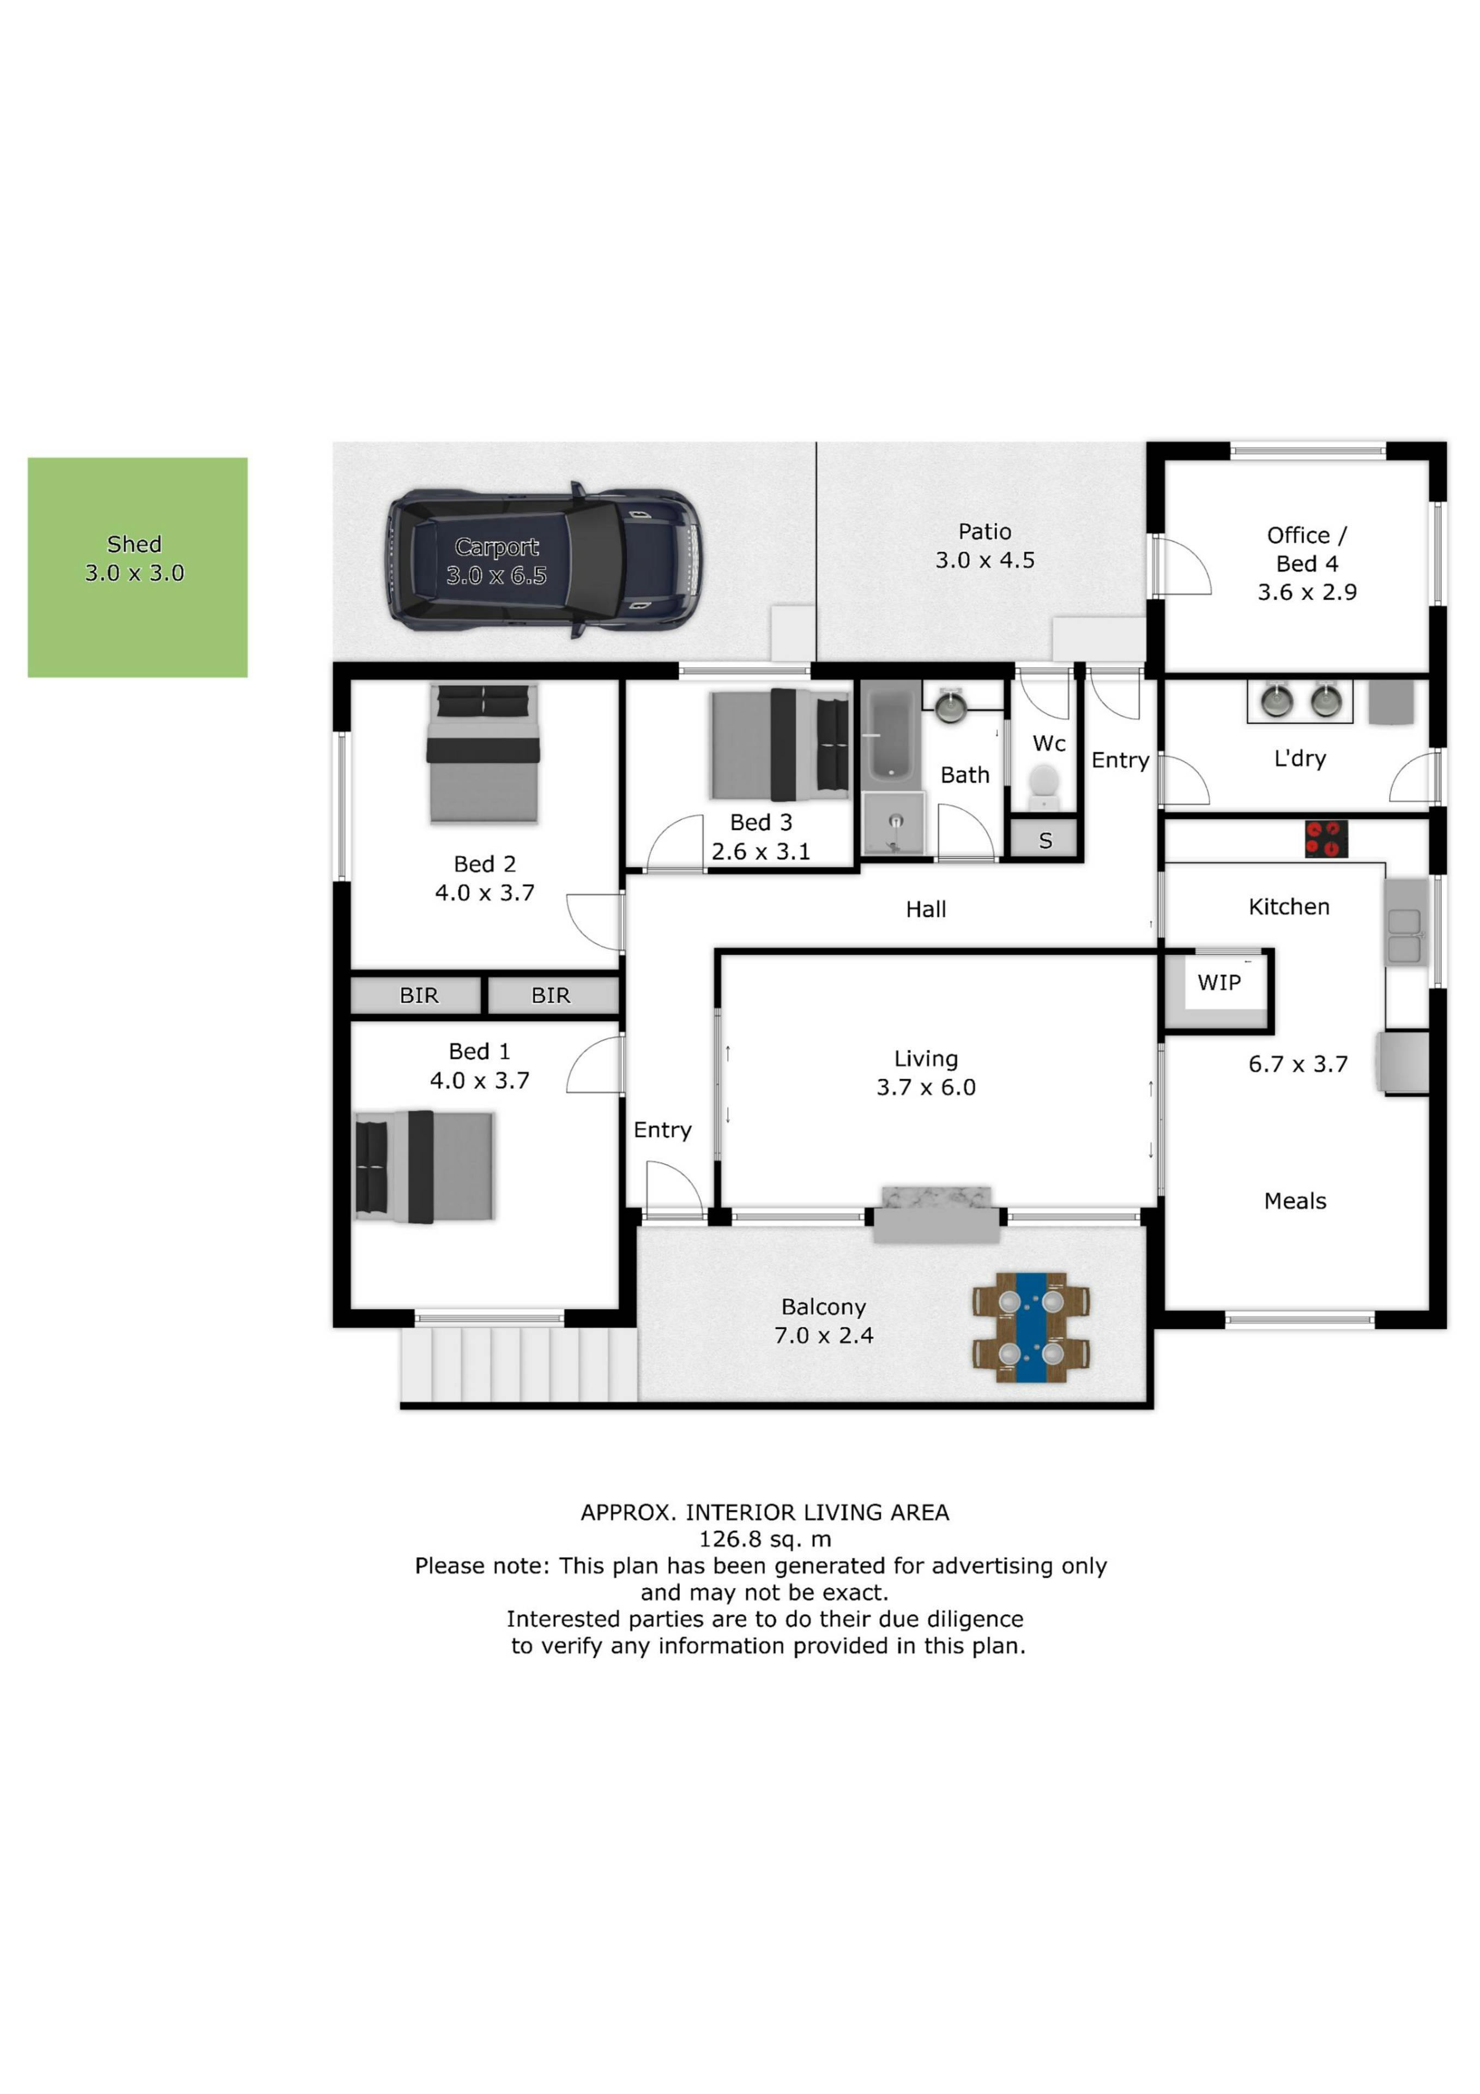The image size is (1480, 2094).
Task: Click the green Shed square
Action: pos(138,567)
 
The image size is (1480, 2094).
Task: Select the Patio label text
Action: pos(985,532)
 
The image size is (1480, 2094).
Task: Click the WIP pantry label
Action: pos(1219,982)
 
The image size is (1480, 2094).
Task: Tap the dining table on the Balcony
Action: pos(1031,1327)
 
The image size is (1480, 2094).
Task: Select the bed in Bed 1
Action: pos(424,1166)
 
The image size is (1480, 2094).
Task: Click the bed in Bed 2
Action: pos(484,753)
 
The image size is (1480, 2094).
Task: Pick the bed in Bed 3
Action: pos(780,744)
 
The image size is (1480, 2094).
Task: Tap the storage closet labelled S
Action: pos(1045,840)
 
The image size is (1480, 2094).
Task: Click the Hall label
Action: pos(926,909)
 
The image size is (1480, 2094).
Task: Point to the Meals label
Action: pos(1295,1201)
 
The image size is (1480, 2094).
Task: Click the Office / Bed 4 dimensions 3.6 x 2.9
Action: pos(1307,593)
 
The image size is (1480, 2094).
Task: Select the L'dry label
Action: pos(1300,758)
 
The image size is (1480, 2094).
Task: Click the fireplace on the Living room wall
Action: pos(937,1214)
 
